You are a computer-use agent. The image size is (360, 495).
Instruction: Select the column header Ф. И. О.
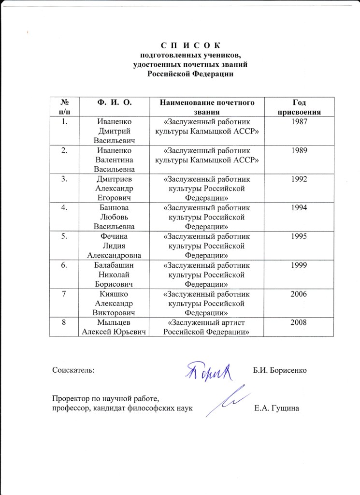115,102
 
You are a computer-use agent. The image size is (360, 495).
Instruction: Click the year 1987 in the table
298,121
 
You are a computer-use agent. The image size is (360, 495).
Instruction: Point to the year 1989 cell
298,150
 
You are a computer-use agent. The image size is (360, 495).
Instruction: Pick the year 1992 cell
298,179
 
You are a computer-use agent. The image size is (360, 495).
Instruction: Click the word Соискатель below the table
73,370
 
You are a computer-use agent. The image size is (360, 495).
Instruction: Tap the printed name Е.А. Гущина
277,409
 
